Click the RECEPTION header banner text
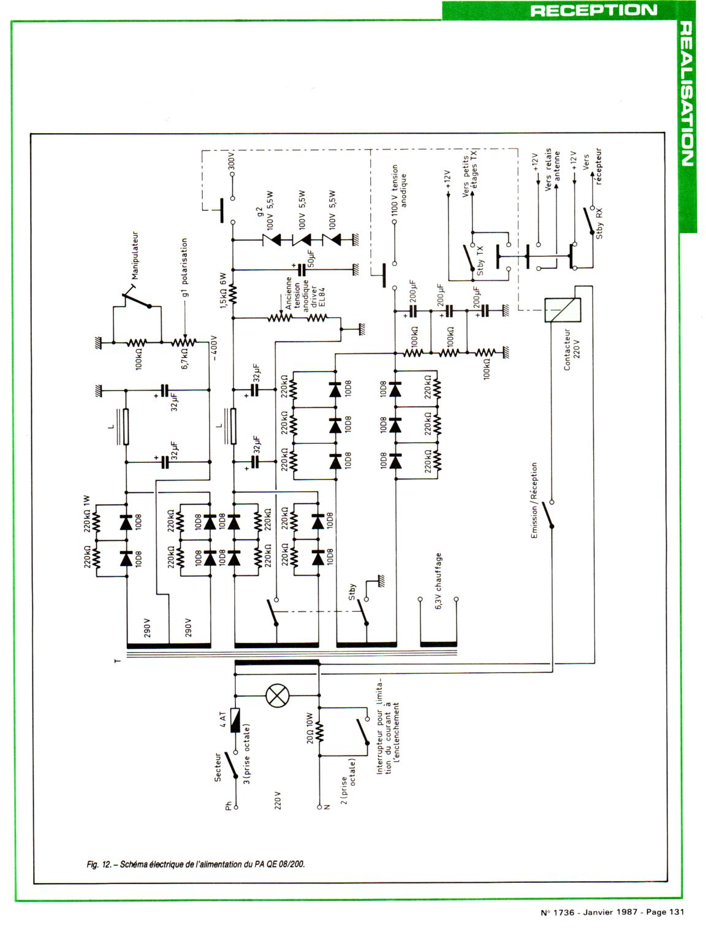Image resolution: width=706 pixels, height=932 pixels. (x=593, y=10)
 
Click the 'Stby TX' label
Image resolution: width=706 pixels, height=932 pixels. (x=480, y=259)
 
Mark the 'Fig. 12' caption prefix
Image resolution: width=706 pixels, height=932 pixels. (x=99, y=865)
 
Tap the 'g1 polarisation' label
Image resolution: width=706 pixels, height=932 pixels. (x=184, y=267)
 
